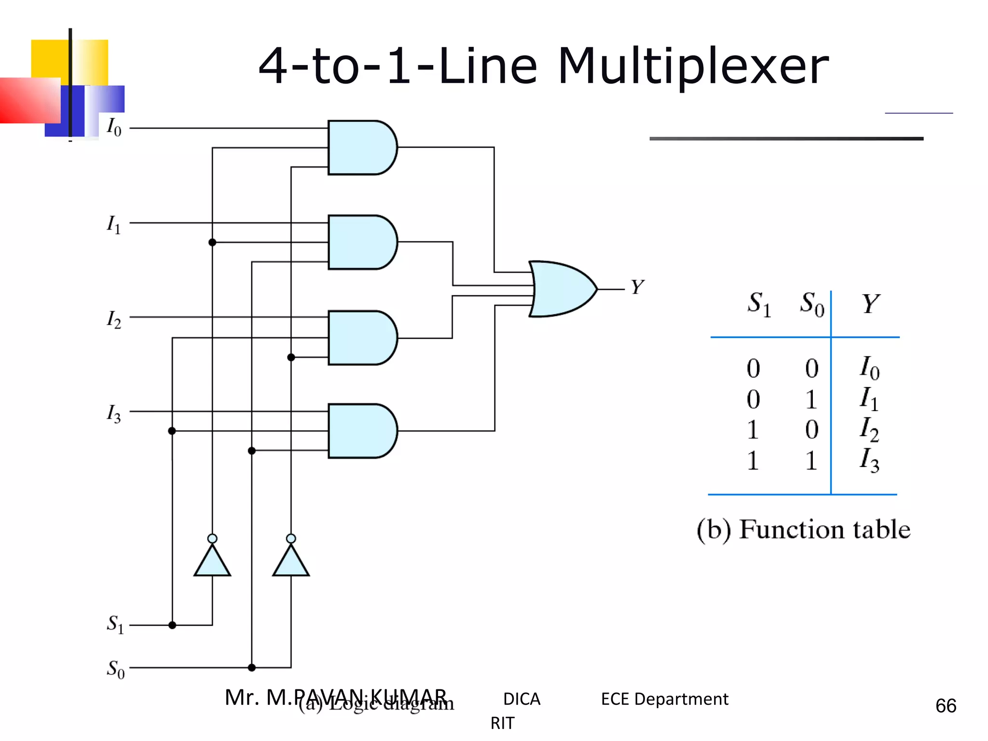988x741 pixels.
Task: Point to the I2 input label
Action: [114, 319]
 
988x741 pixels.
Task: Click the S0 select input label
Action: [115, 669]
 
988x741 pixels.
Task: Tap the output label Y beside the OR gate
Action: [637, 287]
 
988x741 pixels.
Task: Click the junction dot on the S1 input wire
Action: [172, 625]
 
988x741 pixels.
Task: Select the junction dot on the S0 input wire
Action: [251, 668]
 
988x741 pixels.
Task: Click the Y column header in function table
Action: [870, 304]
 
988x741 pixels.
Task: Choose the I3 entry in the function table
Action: [869, 460]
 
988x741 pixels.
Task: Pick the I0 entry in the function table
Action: [869, 368]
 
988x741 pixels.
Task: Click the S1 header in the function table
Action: [759, 304]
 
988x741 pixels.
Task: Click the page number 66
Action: [946, 706]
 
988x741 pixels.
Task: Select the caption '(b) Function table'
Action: [803, 529]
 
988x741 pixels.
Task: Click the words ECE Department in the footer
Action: [664, 699]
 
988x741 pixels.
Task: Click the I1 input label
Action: [114, 224]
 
